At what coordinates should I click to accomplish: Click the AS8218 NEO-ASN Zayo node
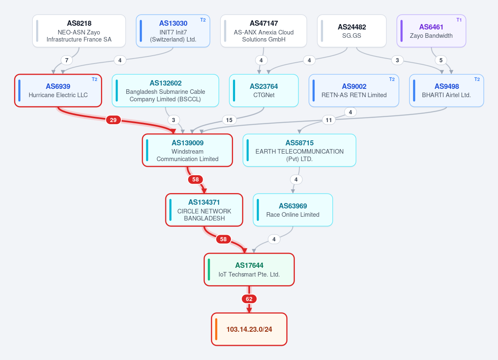[79, 31]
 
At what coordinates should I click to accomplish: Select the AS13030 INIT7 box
[173, 31]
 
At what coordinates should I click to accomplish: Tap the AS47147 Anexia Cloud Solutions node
[264, 31]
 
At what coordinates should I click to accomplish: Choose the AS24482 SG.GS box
[351, 31]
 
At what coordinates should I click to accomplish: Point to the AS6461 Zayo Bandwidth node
[431, 31]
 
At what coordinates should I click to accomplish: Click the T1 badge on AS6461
[459, 20]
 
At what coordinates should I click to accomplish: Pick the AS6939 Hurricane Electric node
[58, 91]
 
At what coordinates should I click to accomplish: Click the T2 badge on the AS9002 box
[392, 79]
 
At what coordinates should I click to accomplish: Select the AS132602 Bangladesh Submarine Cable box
[165, 91]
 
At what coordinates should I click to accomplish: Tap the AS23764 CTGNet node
[264, 91]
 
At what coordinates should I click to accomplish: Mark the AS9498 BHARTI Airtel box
[446, 91]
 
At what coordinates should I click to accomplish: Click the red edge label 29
[113, 120]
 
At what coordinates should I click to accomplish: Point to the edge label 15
[229, 120]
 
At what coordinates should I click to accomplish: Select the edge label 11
[329, 120]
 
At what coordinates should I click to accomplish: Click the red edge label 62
[249, 299]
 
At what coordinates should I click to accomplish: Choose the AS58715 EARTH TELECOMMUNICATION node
[299, 150]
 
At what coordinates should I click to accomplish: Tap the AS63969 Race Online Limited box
[293, 210]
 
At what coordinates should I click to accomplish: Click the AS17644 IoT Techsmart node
[249, 269]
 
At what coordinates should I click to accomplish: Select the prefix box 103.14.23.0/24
[249, 329]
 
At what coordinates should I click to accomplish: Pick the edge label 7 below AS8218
[67, 60]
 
